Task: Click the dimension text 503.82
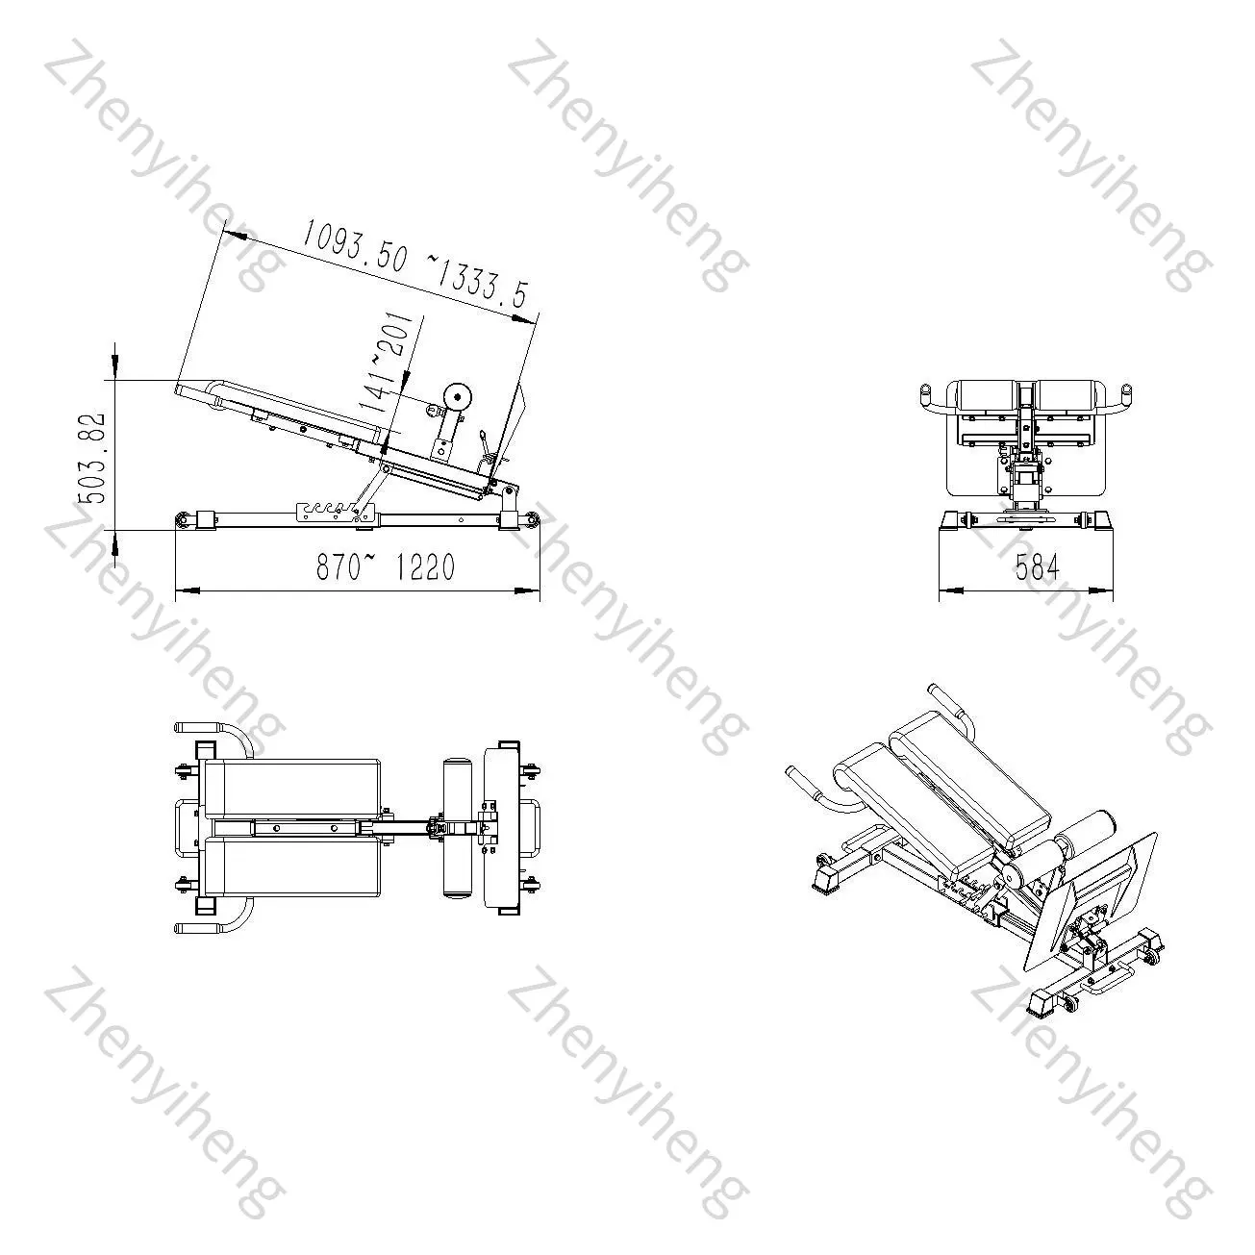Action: point(91,457)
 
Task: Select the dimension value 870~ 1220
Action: point(386,566)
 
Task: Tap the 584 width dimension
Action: point(1038,566)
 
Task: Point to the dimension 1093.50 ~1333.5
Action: point(414,264)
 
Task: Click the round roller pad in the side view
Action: point(456,396)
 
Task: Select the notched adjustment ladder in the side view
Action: point(338,511)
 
